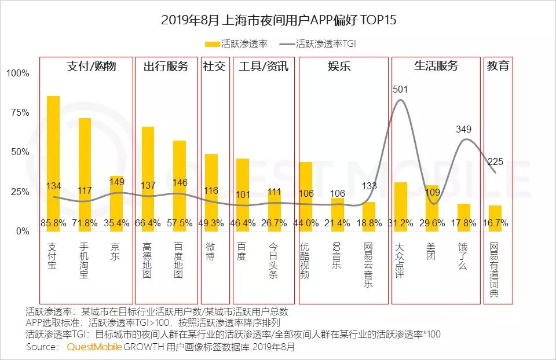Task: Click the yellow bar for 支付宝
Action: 53,162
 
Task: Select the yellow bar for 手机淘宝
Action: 85,174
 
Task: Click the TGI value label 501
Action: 400,89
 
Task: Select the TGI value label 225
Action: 495,161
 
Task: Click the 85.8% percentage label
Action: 53,222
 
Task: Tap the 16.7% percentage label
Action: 495,222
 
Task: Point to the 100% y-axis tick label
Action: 17,74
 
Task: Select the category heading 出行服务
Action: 166,66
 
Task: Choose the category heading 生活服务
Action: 436,66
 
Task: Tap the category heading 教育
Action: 498,66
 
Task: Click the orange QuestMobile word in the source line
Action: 94,347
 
